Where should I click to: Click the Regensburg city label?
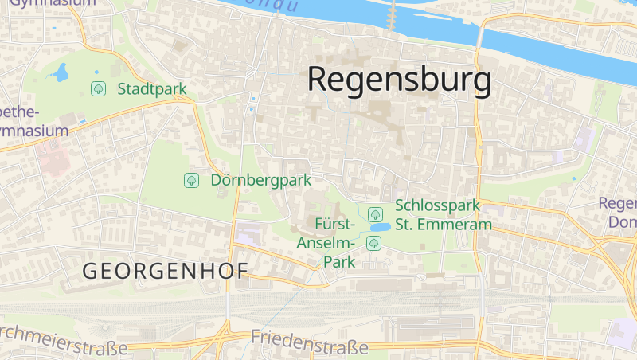(x=399, y=80)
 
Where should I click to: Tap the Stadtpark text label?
(x=151, y=88)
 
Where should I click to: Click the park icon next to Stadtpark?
(x=99, y=88)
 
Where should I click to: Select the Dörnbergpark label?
(x=260, y=180)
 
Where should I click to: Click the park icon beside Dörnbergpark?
(x=191, y=180)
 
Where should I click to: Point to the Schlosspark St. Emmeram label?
(x=443, y=215)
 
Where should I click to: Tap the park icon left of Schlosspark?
(x=375, y=213)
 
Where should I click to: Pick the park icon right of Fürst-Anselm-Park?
(x=373, y=242)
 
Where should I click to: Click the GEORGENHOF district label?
(x=165, y=271)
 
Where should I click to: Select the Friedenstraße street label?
(x=309, y=341)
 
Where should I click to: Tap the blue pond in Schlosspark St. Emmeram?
(x=377, y=227)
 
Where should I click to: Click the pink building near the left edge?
(x=52, y=159)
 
